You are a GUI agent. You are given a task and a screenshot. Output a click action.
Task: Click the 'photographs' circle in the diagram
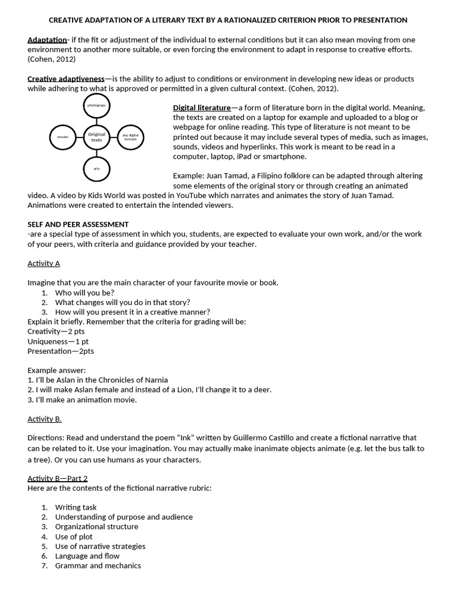96,105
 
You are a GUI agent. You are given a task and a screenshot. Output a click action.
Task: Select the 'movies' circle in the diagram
63,137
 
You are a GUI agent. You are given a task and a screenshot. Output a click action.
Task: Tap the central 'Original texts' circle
96,137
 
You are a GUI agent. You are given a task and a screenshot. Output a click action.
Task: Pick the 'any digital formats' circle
130,137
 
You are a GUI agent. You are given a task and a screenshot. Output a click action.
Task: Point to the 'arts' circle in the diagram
96,169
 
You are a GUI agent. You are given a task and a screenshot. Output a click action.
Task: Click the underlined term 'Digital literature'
202,108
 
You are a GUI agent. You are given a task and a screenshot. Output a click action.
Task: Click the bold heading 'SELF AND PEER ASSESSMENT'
78,224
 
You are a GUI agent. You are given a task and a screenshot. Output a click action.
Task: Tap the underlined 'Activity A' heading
43,263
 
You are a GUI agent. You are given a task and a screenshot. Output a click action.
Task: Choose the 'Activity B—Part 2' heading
57,478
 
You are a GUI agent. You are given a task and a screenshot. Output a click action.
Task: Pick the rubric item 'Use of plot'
74,536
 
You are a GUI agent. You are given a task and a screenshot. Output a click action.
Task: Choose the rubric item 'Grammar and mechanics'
98,566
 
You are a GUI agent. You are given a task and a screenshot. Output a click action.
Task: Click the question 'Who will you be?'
84,293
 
